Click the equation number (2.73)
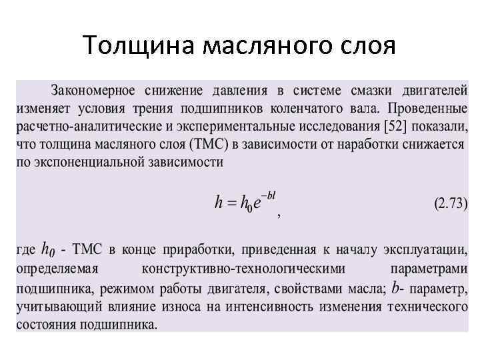[x=450, y=204]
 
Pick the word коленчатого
[x=301, y=108]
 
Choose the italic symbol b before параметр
[x=397, y=287]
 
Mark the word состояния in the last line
[x=45, y=325]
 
